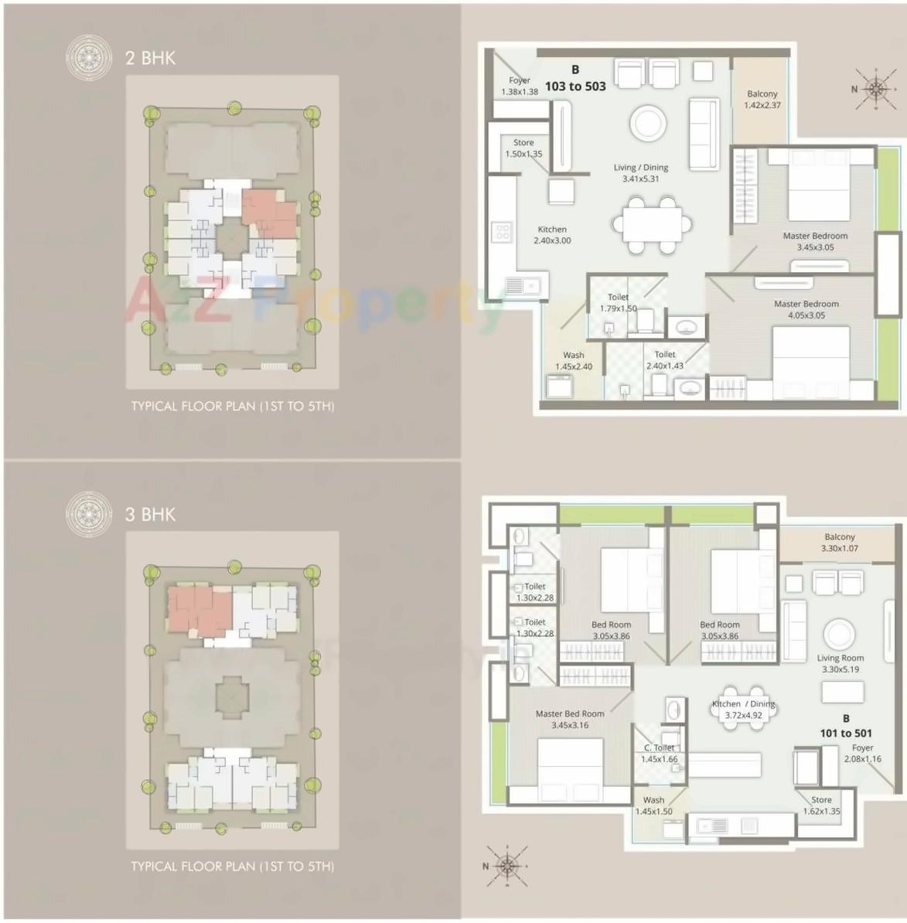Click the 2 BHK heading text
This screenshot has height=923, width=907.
[150, 58]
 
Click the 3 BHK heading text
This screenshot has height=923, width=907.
[150, 514]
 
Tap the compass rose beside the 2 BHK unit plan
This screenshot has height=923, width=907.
[875, 89]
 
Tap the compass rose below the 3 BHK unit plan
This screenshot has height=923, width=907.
[506, 865]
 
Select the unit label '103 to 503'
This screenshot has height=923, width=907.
[575, 86]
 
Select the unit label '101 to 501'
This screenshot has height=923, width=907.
[846, 733]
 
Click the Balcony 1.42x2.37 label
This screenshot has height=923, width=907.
[762, 99]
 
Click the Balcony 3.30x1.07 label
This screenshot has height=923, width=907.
[840, 542]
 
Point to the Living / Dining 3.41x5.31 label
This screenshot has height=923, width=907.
[641, 172]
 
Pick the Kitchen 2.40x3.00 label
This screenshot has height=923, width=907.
[552, 234]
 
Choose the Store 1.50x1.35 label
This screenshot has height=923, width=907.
[523, 148]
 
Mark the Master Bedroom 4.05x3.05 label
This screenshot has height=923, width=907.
[806, 309]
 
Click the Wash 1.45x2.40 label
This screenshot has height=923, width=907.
[574, 360]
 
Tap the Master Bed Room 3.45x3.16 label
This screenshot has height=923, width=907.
[570, 719]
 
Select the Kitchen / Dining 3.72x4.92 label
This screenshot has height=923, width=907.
[743, 709]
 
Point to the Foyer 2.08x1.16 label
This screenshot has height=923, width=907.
[862, 753]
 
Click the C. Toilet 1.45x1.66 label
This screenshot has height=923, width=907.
[660, 753]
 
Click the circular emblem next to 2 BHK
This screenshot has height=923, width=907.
[88, 57]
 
